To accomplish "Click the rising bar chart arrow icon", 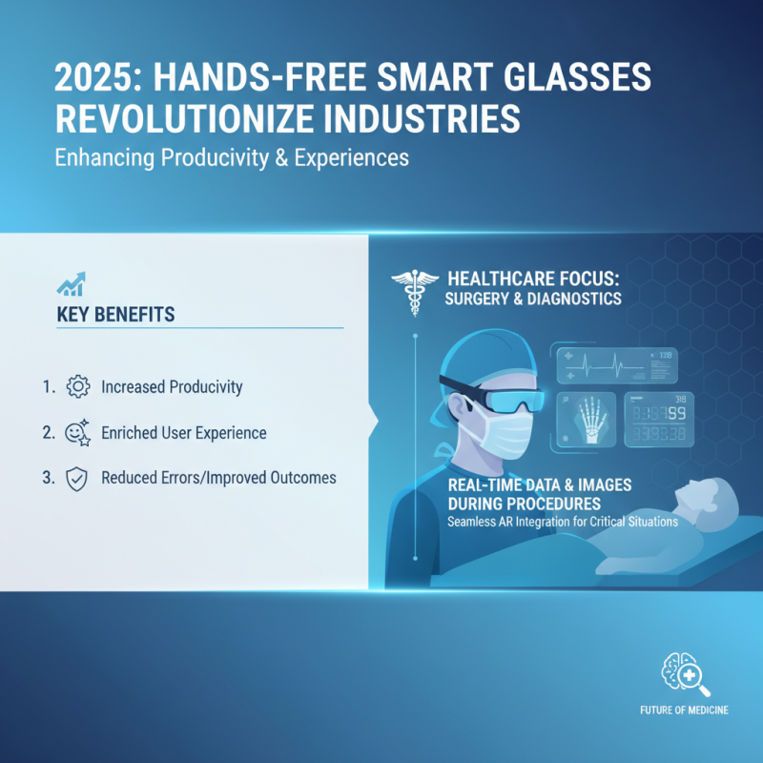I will (x=71, y=283).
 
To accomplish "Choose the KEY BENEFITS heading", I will (x=116, y=314).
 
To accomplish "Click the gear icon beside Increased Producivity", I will (x=78, y=387).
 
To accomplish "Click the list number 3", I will (x=49, y=478).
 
